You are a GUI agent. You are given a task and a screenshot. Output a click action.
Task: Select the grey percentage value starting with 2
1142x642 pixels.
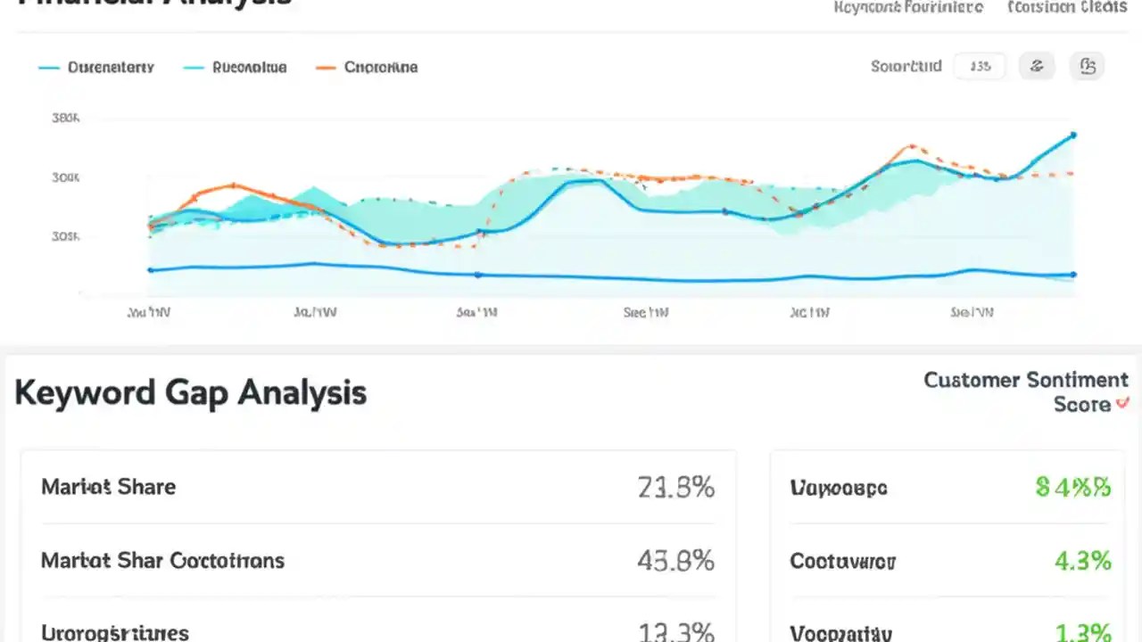pos(675,487)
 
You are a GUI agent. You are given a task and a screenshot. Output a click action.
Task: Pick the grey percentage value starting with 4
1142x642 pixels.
pos(675,560)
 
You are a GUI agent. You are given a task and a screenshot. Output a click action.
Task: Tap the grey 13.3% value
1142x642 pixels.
pos(675,632)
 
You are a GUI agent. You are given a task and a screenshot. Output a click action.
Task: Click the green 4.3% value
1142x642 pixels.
pos(1082,561)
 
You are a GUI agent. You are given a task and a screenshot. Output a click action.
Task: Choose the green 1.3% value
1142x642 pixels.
pos(1082,632)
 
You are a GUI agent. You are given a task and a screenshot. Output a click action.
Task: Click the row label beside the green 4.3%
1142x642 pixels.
pos(842,562)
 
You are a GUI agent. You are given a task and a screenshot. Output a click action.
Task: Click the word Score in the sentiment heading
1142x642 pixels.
pos(1081,405)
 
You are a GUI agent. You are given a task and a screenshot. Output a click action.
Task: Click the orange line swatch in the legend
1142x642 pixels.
pos(326,67)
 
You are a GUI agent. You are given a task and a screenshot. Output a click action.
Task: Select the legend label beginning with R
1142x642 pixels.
pos(250,67)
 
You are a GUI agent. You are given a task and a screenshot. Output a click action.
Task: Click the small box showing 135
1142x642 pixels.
pos(980,66)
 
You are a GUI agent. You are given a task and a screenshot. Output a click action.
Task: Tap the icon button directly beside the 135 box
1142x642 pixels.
pos(1037,66)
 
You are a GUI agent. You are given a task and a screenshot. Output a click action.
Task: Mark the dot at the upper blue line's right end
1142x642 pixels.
pos(1072,136)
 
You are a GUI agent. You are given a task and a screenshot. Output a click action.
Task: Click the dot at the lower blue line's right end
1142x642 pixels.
pos(1072,275)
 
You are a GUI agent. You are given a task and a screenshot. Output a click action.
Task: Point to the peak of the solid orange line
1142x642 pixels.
pos(233,185)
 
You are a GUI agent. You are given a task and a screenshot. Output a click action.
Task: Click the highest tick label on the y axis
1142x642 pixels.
pos(67,118)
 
